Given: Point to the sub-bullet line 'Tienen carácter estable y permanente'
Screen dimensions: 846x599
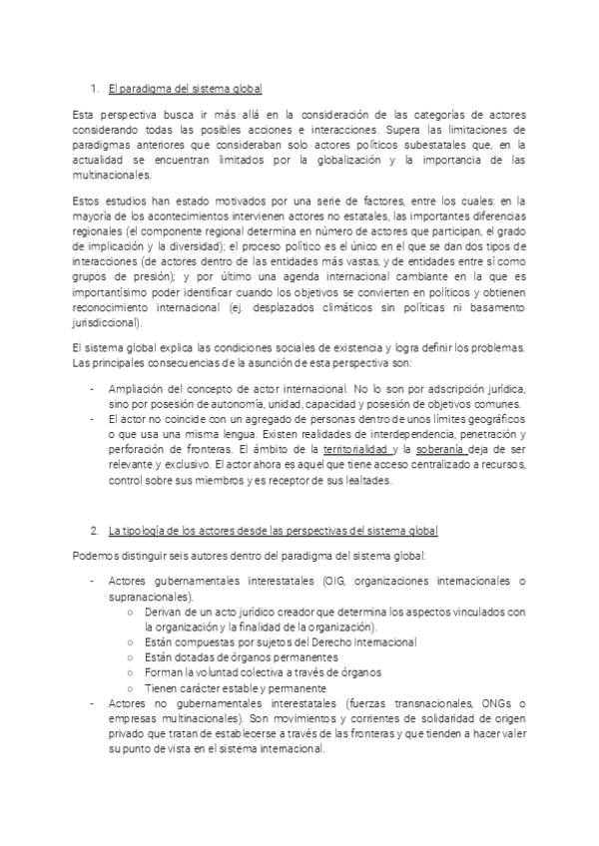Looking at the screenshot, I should (x=235, y=688).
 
